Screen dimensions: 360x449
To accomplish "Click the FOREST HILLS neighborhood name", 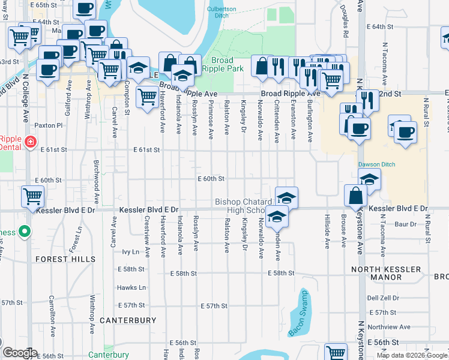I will click(x=65, y=259).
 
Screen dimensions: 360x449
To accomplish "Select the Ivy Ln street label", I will click(x=130, y=252).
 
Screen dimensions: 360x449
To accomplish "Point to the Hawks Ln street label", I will click(x=131, y=287).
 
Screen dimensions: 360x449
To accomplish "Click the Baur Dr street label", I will click(x=406, y=224).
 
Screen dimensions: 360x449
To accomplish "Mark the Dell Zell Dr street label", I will click(x=383, y=298).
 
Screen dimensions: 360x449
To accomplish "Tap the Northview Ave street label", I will click(x=390, y=327).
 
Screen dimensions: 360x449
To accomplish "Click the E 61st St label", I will click(x=146, y=149).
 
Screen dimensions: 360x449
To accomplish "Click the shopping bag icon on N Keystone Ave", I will click(x=356, y=196).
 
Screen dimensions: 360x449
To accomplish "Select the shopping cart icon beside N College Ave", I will click(x=32, y=196).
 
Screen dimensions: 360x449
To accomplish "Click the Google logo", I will click(x=19, y=353).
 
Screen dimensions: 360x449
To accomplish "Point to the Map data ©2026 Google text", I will click(x=412, y=355).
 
